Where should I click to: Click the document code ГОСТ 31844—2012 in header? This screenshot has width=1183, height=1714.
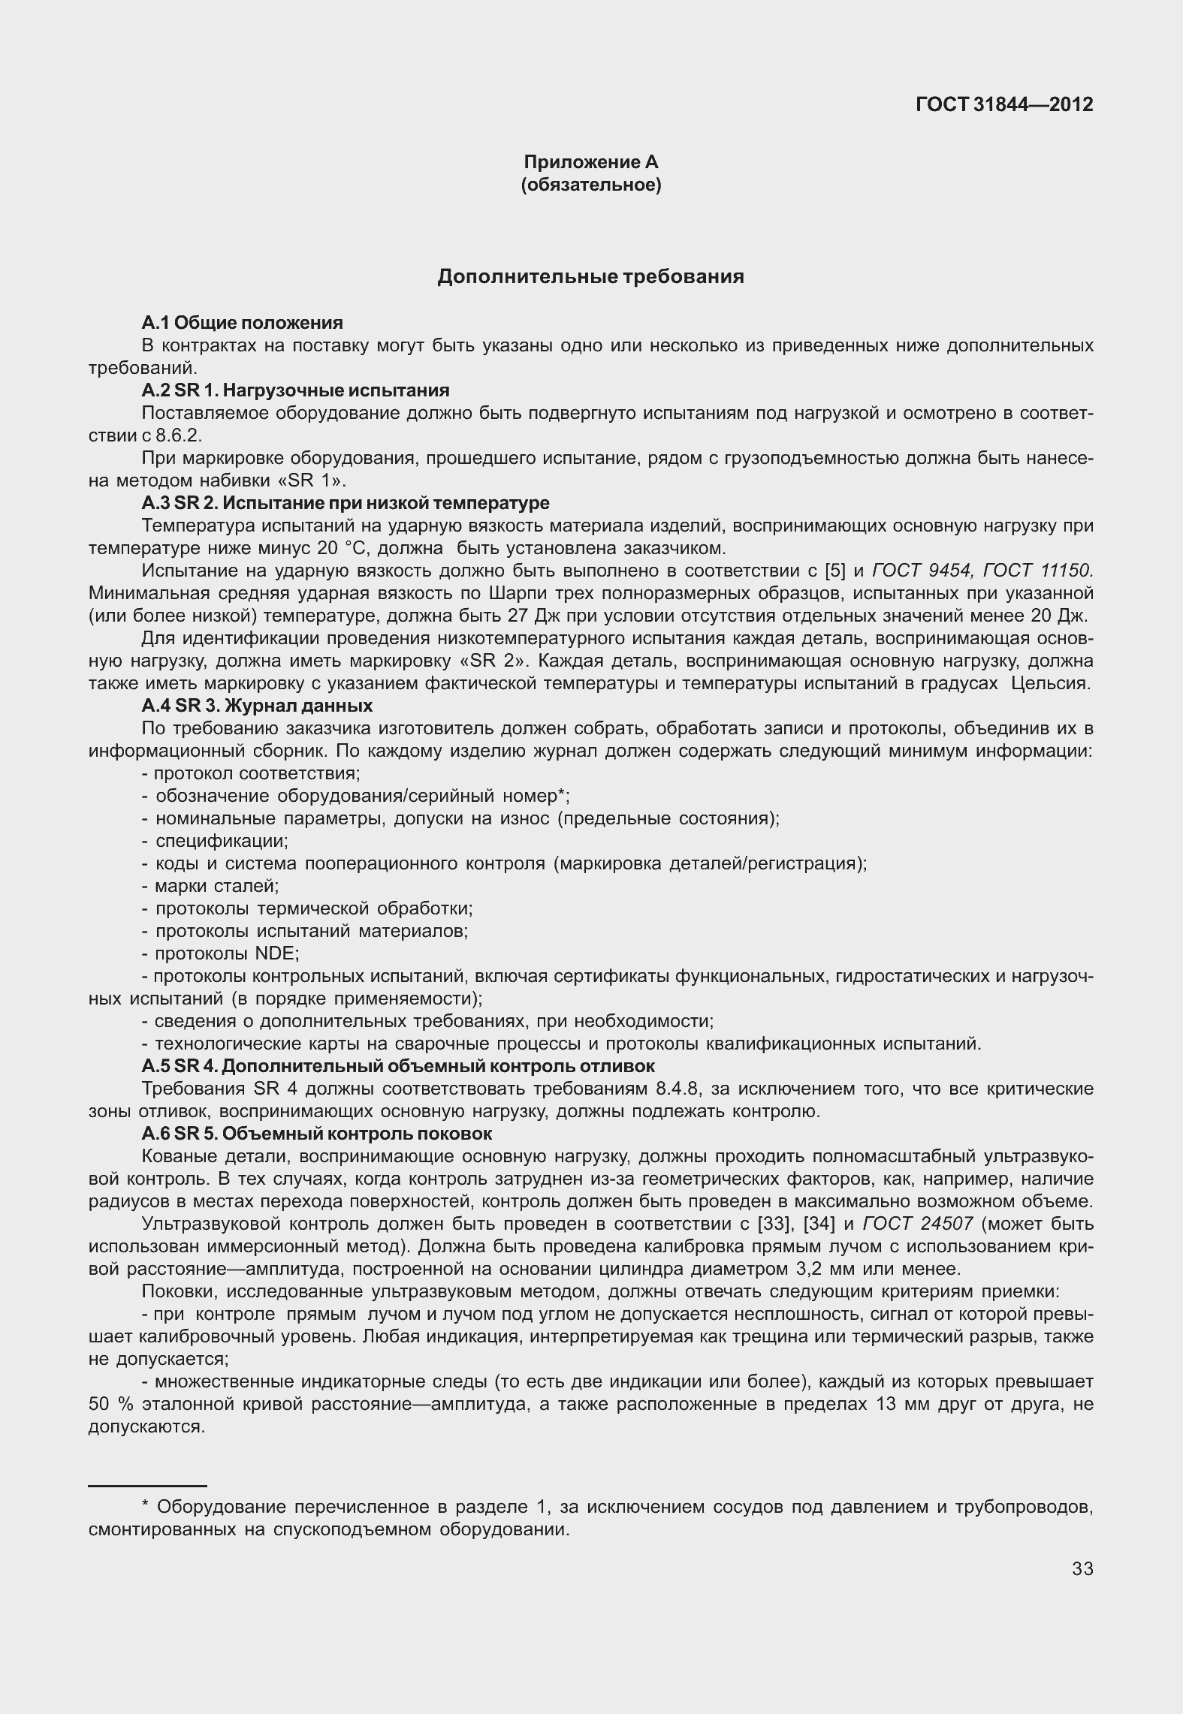1004,104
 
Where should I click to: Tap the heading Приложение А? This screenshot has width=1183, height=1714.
590,162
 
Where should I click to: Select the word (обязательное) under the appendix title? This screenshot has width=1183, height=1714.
590,185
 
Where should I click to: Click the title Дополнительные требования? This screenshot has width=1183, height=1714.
590,277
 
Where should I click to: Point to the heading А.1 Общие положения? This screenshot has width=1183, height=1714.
242,323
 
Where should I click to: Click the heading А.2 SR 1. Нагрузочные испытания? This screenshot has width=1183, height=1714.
295,390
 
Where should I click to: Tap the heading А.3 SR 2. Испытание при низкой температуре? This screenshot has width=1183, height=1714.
346,503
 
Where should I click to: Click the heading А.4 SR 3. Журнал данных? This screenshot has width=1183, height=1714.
257,706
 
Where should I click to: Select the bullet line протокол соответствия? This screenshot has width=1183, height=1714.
251,773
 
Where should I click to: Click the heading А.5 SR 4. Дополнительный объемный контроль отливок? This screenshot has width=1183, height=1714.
398,1066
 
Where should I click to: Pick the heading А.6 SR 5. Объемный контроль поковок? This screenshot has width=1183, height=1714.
317,1134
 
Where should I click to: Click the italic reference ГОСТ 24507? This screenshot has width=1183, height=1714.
919,1224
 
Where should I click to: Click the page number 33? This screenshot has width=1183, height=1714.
1082,1569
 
